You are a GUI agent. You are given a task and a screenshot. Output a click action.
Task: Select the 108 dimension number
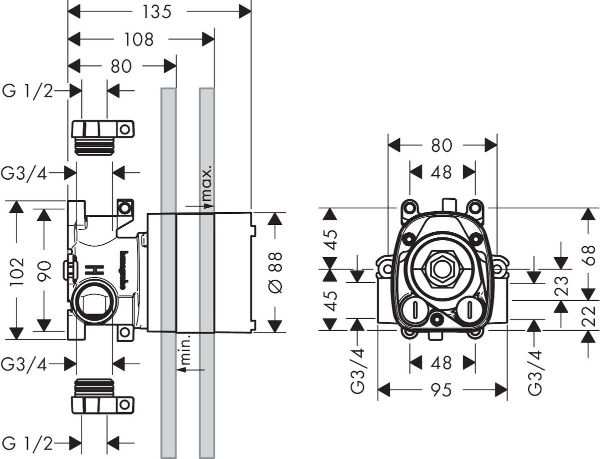pos(139,39)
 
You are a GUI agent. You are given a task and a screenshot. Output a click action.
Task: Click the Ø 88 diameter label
pos(275,272)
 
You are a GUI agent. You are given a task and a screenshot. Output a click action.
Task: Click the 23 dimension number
pos(561,286)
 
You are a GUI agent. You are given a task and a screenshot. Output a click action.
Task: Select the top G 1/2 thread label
pos(27,91)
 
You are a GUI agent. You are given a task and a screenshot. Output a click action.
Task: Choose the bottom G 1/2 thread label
pos(27,442)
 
